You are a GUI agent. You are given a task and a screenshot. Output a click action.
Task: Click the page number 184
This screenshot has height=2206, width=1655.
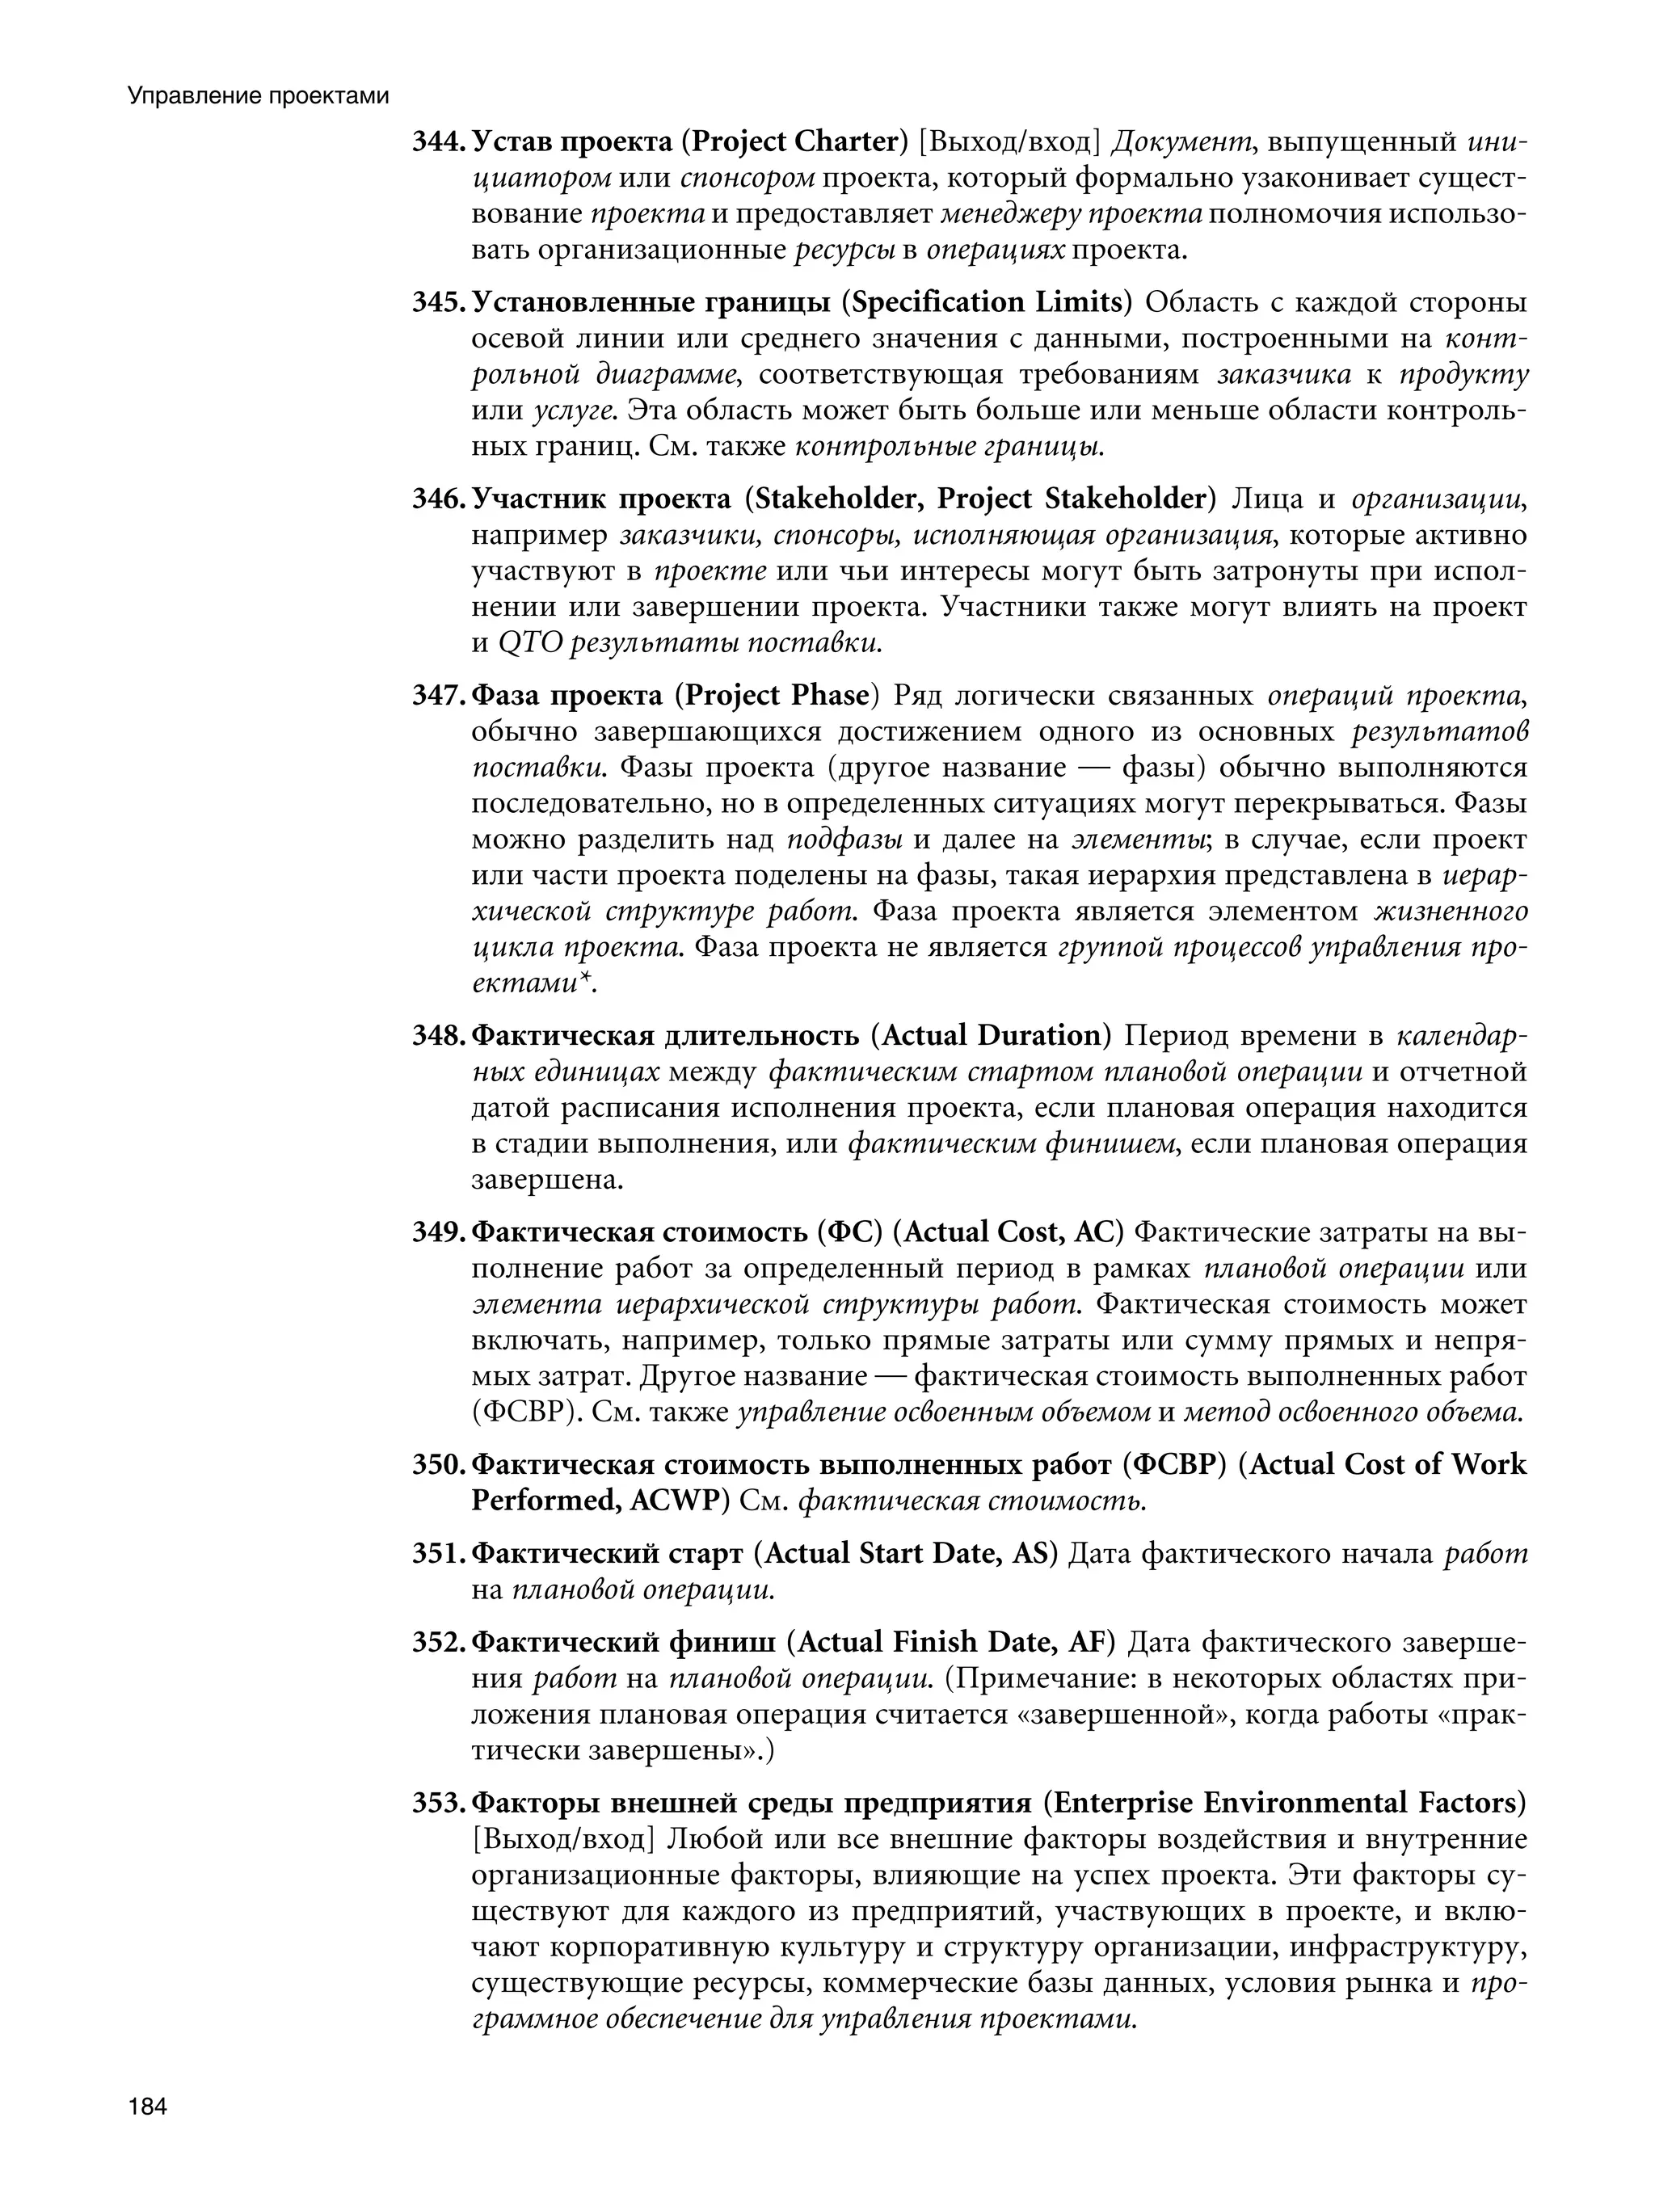[146, 2107]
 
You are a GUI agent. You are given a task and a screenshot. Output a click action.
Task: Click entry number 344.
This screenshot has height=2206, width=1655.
[438, 142]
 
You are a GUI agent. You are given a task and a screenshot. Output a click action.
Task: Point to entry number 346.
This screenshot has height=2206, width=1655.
[438, 499]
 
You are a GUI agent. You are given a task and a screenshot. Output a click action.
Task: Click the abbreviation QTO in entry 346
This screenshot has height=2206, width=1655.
[530, 643]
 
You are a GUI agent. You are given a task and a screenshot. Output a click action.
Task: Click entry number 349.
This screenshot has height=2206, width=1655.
[438, 1232]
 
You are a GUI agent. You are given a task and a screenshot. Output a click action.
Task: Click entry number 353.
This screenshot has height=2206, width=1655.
[438, 1803]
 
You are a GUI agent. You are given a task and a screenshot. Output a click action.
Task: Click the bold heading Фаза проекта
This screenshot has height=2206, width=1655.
[566, 695]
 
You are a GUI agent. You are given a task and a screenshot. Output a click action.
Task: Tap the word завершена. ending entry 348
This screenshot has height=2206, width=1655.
[546, 1180]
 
